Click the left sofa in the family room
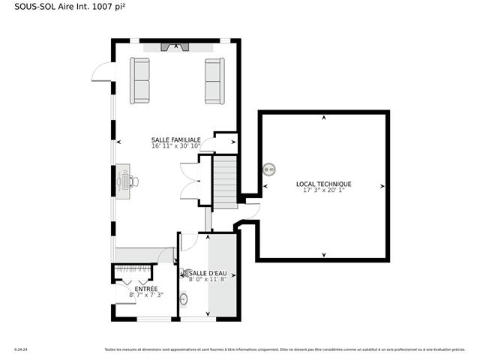[x=140, y=80]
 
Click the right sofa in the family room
[x=214, y=80]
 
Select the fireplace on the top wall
[x=177, y=47]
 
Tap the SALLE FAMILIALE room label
[x=175, y=139]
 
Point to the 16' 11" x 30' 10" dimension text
[x=176, y=146]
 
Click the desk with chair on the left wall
[x=124, y=181]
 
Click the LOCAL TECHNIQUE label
[x=323, y=184]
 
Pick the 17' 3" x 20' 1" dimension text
[x=323, y=190]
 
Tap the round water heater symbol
[x=269, y=169]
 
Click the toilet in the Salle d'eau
[x=184, y=274]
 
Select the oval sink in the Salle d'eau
[x=184, y=299]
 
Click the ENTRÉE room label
[x=145, y=289]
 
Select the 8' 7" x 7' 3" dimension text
[x=145, y=295]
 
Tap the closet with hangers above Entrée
[x=135, y=271]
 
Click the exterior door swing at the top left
[x=101, y=73]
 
